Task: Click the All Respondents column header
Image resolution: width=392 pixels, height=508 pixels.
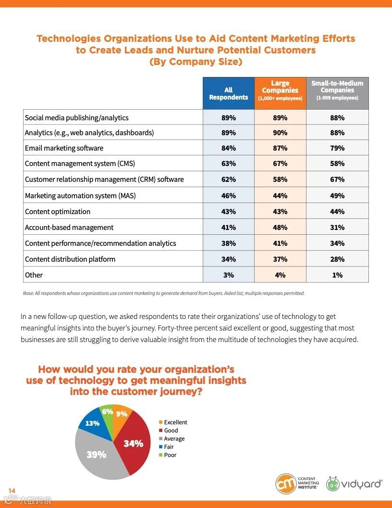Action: [229, 93]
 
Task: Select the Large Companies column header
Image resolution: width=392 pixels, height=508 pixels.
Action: [280, 90]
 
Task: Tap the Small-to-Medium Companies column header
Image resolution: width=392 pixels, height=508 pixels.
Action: [337, 90]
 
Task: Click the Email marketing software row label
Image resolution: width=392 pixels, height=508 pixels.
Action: [64, 148]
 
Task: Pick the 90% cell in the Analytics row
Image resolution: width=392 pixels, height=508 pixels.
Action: [280, 133]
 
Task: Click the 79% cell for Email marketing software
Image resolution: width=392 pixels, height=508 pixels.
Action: [337, 148]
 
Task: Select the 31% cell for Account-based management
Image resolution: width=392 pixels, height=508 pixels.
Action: [337, 228]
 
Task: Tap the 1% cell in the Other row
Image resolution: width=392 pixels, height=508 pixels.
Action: [337, 275]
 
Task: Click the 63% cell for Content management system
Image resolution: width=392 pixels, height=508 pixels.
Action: [229, 164]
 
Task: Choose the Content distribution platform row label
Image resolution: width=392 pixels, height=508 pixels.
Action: [70, 259]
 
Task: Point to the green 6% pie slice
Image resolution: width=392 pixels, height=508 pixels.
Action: [107, 412]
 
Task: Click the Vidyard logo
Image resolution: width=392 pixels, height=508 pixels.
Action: [355, 483]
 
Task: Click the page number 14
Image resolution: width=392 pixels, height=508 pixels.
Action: [12, 490]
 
